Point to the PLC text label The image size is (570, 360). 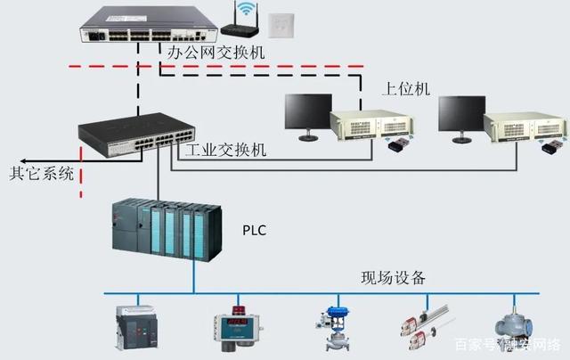tap(255, 231)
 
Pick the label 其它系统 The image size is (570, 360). tap(44, 172)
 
